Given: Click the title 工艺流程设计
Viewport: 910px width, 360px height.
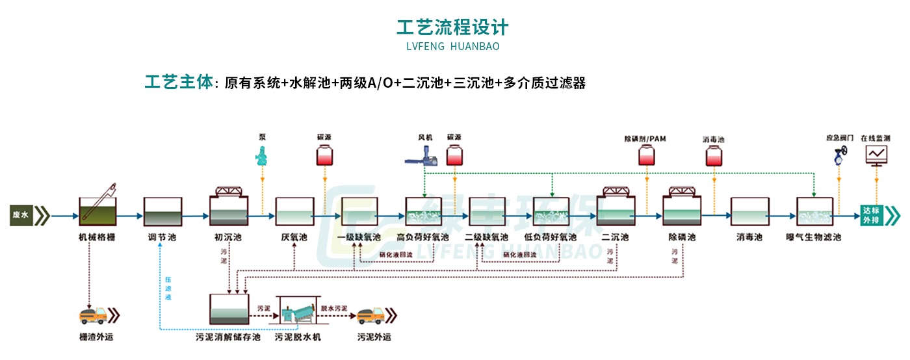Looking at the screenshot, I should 452,27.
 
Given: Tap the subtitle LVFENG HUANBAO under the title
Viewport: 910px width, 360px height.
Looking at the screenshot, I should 452,47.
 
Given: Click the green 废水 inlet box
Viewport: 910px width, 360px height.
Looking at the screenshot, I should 21,214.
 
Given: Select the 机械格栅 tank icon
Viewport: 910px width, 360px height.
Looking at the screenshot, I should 97,209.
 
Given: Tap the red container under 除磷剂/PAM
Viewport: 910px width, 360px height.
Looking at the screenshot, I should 646,156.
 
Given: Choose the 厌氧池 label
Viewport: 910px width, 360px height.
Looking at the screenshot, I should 294,238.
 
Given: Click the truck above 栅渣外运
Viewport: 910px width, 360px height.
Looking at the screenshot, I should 93,315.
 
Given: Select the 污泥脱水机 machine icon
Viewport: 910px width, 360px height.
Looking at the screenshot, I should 298,312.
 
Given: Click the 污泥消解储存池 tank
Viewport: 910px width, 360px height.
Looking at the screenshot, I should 228,309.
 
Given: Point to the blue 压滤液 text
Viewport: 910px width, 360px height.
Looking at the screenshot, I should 168,289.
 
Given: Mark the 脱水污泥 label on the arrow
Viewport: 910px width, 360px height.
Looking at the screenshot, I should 334,308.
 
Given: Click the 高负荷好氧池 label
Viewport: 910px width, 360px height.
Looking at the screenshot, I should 423,238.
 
